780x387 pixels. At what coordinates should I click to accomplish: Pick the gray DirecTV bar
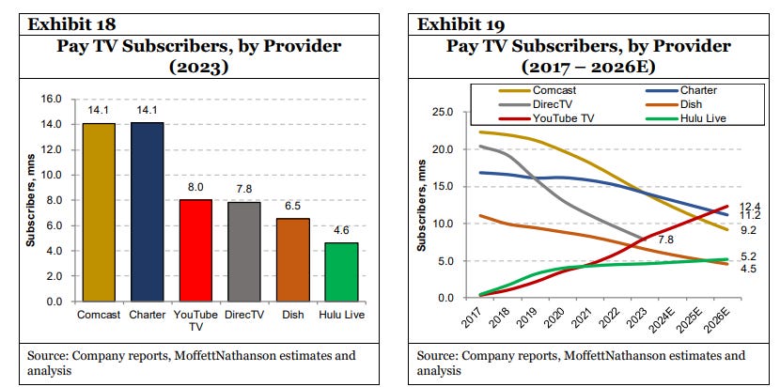click(x=244, y=252)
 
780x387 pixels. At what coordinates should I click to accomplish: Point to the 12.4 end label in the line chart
click(x=749, y=206)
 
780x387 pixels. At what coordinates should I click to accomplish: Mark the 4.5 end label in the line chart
click(x=749, y=270)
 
